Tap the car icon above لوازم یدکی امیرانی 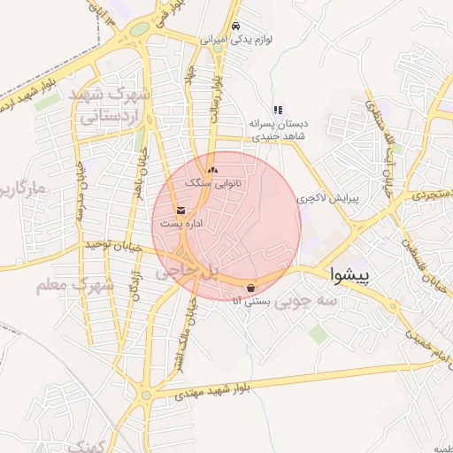coord(234,27)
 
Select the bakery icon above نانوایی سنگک coord(211,169)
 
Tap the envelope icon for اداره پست coord(181,211)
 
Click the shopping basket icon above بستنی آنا coord(252,288)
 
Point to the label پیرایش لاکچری coord(331,199)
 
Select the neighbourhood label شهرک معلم coord(75,286)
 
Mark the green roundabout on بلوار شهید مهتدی coord(145,395)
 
